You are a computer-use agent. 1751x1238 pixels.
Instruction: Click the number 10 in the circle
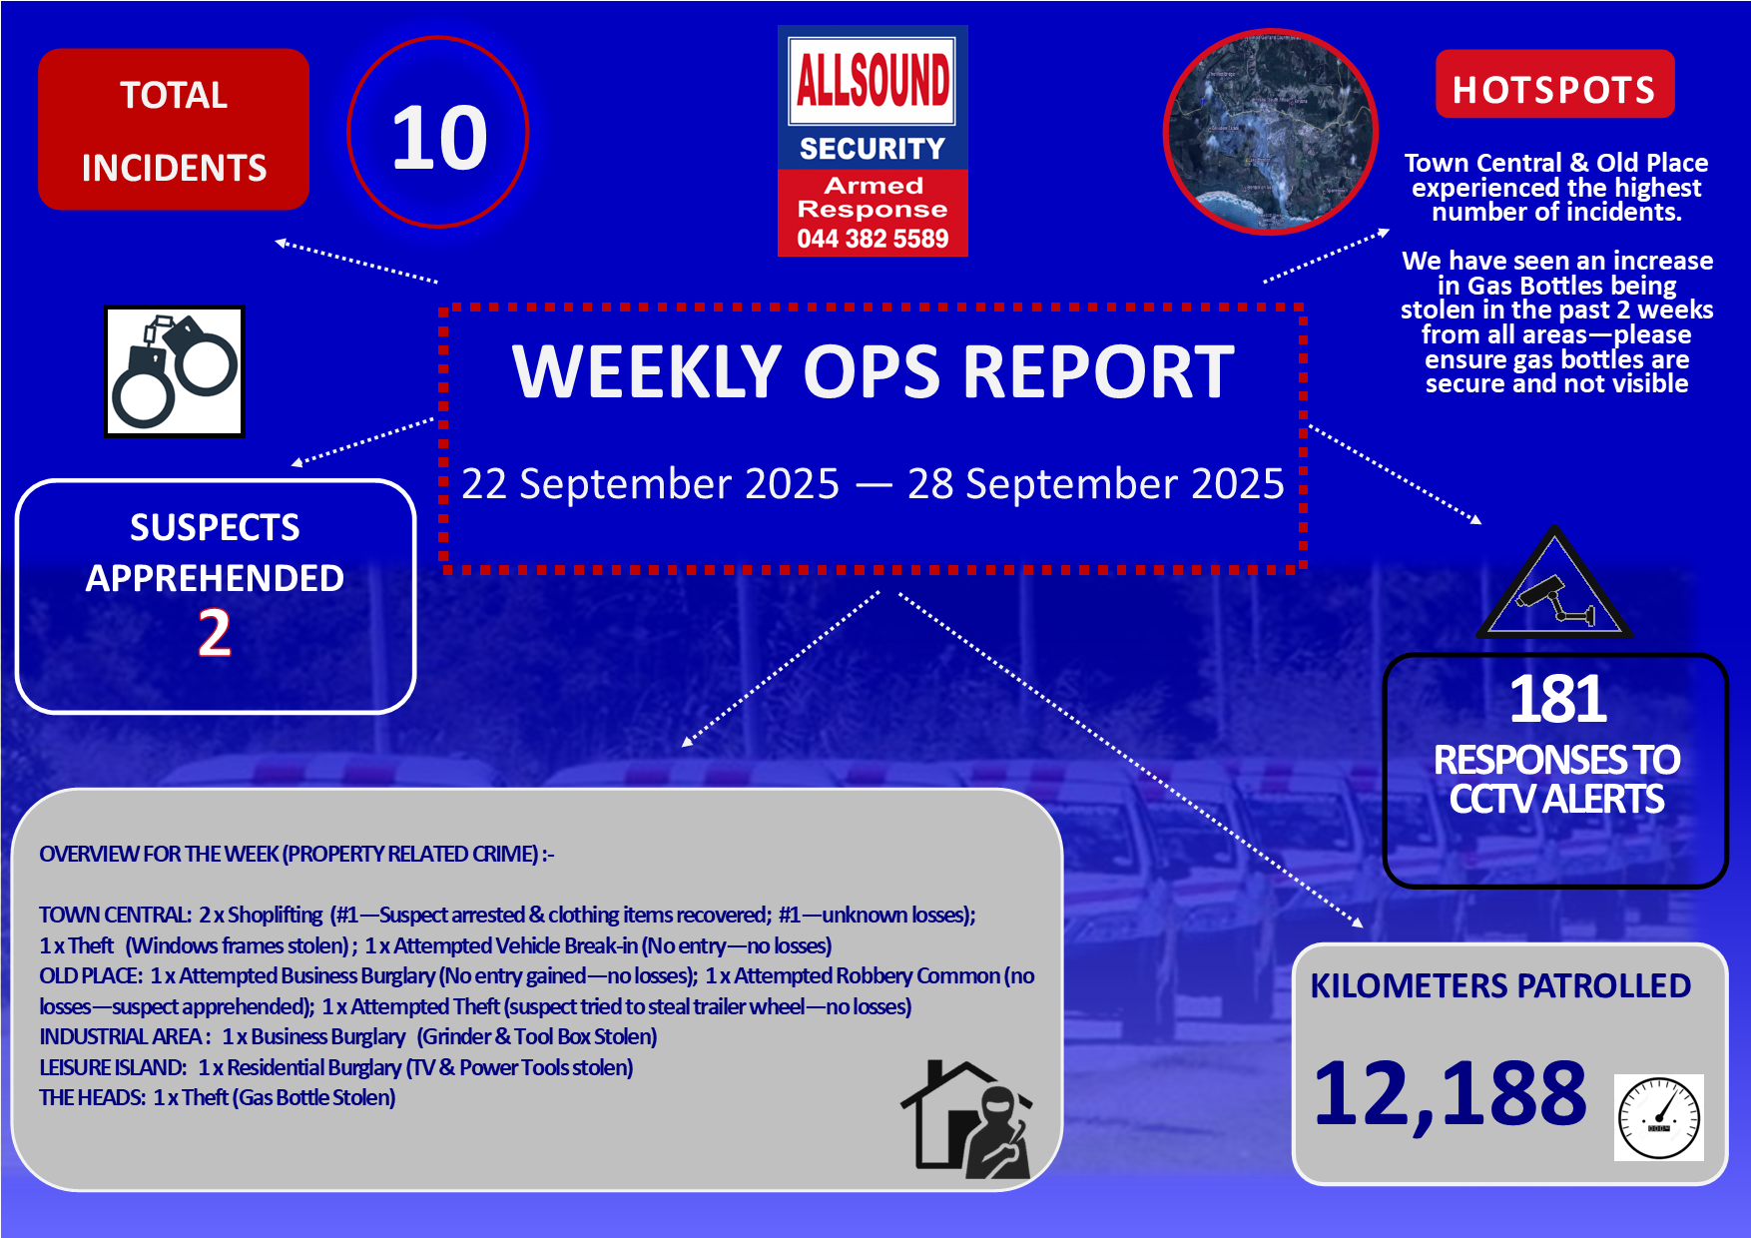[439, 138]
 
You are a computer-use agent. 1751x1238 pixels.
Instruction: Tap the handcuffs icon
[175, 371]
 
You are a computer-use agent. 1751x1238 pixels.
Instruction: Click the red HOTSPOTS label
[1554, 89]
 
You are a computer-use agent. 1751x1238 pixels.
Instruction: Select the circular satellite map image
[1271, 132]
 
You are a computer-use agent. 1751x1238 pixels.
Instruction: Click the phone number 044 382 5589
[873, 240]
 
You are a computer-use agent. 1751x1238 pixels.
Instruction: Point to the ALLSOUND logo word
[873, 80]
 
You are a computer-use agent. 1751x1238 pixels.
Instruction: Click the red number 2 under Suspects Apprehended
[215, 633]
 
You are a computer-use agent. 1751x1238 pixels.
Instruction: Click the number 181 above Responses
[1557, 699]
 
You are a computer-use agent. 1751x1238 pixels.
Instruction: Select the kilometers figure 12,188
[1450, 1094]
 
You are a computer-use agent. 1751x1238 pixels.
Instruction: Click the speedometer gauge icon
[1659, 1118]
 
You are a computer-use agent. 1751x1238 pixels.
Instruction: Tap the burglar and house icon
[966, 1119]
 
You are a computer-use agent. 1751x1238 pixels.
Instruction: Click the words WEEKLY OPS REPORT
[874, 371]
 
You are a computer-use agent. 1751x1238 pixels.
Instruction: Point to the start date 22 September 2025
[651, 484]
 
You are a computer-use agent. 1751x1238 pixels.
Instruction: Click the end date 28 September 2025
[1096, 484]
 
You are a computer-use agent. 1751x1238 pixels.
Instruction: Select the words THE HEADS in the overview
[92, 1098]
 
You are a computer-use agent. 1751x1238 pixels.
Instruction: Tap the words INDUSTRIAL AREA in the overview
[123, 1037]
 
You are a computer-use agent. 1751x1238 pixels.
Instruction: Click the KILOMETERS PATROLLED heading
[1500, 986]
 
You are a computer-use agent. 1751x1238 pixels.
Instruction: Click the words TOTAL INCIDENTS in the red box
[174, 131]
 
